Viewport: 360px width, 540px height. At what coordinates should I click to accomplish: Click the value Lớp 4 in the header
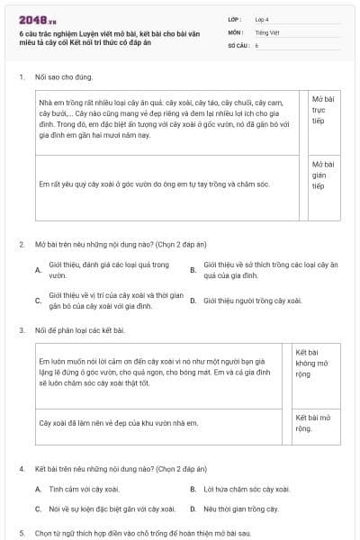(x=261, y=19)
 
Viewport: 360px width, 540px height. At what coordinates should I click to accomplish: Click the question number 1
(x=21, y=77)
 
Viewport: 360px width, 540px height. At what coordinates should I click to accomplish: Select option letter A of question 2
(x=38, y=269)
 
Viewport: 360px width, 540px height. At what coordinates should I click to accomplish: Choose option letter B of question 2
(x=193, y=269)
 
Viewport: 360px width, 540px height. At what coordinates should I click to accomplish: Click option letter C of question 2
(x=38, y=301)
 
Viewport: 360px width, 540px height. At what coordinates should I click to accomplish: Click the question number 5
(x=21, y=533)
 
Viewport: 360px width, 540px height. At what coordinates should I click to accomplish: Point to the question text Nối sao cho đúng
(x=64, y=77)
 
